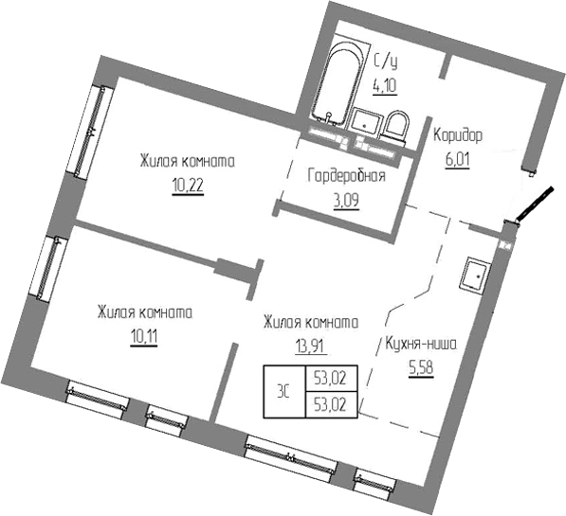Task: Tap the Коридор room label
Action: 458,135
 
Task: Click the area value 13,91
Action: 307,346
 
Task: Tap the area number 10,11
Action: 144,334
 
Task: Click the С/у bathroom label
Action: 384,63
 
